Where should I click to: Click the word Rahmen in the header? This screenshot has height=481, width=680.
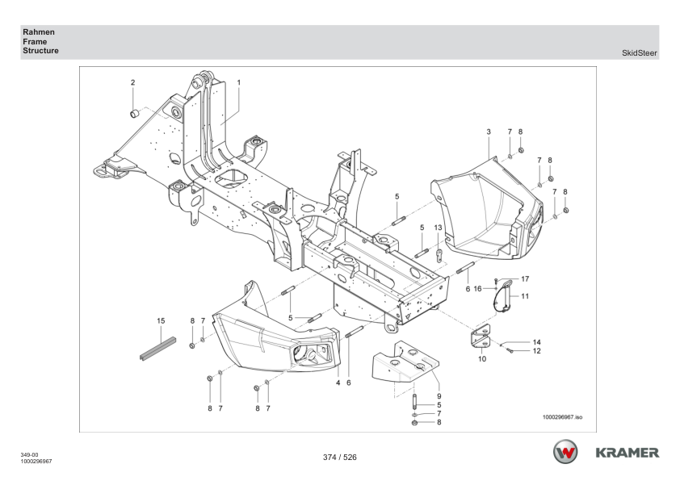[x=39, y=32]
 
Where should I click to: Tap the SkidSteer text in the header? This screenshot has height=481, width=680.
[x=640, y=53]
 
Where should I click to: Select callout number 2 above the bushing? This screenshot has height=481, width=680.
[x=133, y=82]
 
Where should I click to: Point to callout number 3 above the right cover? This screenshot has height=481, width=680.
[x=489, y=131]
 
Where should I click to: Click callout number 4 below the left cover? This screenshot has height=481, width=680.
[x=338, y=383]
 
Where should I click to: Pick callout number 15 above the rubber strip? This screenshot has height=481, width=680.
[x=161, y=320]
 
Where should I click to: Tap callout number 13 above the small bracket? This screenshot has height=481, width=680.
[x=438, y=228]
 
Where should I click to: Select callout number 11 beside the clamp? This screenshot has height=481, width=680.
[x=524, y=296]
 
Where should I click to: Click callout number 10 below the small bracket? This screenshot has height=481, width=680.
[x=481, y=358]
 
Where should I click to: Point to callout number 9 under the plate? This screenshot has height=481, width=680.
[x=439, y=396]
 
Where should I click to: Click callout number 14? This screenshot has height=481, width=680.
[x=536, y=342]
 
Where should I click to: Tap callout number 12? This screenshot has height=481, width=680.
[x=536, y=351]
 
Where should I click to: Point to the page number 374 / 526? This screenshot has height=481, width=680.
[x=339, y=458]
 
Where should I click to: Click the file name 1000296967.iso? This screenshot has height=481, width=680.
[x=563, y=418]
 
